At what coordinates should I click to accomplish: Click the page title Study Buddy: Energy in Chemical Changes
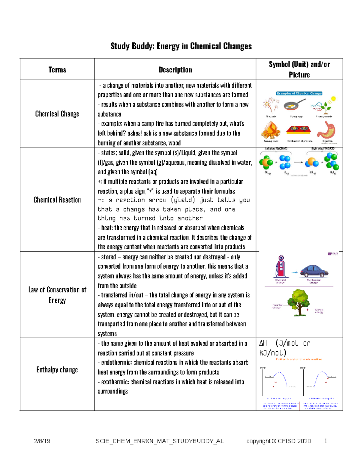click(181, 46)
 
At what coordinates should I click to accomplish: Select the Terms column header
click(57, 70)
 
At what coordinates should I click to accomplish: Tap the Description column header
click(175, 70)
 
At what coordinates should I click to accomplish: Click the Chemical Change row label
click(57, 114)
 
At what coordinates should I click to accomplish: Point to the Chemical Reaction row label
click(57, 200)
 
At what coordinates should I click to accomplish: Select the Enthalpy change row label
click(57, 370)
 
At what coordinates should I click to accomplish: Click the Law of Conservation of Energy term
click(57, 295)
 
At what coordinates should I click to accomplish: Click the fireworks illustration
click(269, 105)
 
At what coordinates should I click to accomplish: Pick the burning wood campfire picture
click(270, 131)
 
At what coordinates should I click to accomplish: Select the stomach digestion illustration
click(326, 130)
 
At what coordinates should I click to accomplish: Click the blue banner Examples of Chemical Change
click(299, 93)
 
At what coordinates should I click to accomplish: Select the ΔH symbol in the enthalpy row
click(263, 343)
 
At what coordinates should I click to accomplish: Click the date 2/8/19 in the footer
click(42, 441)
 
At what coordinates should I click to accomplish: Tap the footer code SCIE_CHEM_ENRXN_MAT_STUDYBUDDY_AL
click(160, 441)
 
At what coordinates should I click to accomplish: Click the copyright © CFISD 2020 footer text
click(278, 441)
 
